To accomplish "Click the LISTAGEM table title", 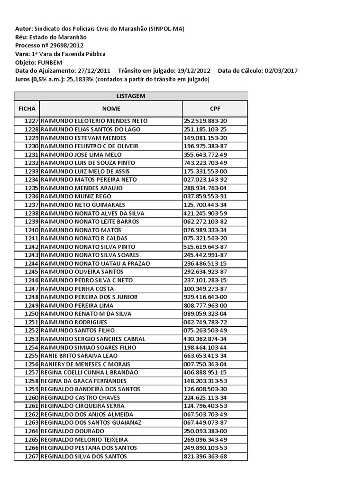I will [x=131, y=96].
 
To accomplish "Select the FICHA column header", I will [x=27, y=109].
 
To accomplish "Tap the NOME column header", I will [x=111, y=109].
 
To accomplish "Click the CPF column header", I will [x=215, y=109].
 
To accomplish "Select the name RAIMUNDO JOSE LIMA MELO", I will [x=82, y=155].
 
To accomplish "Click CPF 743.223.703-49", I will [x=205, y=163].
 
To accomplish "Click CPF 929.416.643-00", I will [x=205, y=297].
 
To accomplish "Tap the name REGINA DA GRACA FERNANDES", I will [x=84, y=381].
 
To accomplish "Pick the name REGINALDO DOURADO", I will [x=73, y=431].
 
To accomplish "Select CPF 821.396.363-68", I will [x=205, y=457].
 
